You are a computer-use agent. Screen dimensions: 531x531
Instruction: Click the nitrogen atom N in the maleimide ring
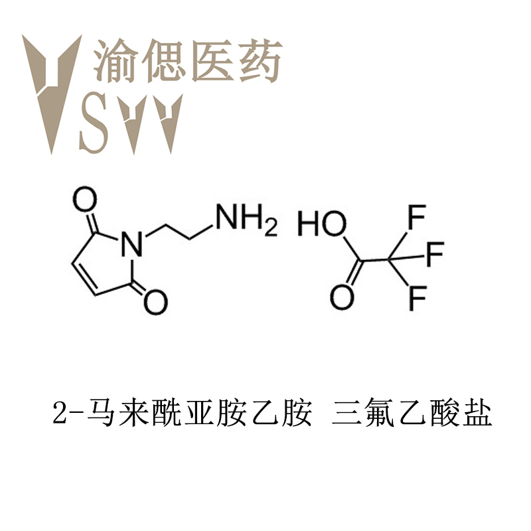click(132, 244)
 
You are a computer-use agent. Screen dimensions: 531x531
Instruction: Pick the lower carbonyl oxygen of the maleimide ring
click(156, 302)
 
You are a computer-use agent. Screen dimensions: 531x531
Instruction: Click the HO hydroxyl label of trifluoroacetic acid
click(322, 223)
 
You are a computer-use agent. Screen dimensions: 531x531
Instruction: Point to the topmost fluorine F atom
click(417, 217)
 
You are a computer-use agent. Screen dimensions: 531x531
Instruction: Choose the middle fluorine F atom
click(435, 254)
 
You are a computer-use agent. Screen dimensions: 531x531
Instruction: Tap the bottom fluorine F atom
click(417, 298)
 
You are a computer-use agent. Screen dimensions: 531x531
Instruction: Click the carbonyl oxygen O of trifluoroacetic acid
click(342, 297)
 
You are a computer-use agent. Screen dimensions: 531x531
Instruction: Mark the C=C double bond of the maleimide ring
click(84, 279)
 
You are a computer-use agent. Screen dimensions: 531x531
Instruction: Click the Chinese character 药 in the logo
click(260, 60)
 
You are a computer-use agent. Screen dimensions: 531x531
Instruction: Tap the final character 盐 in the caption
click(477, 413)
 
